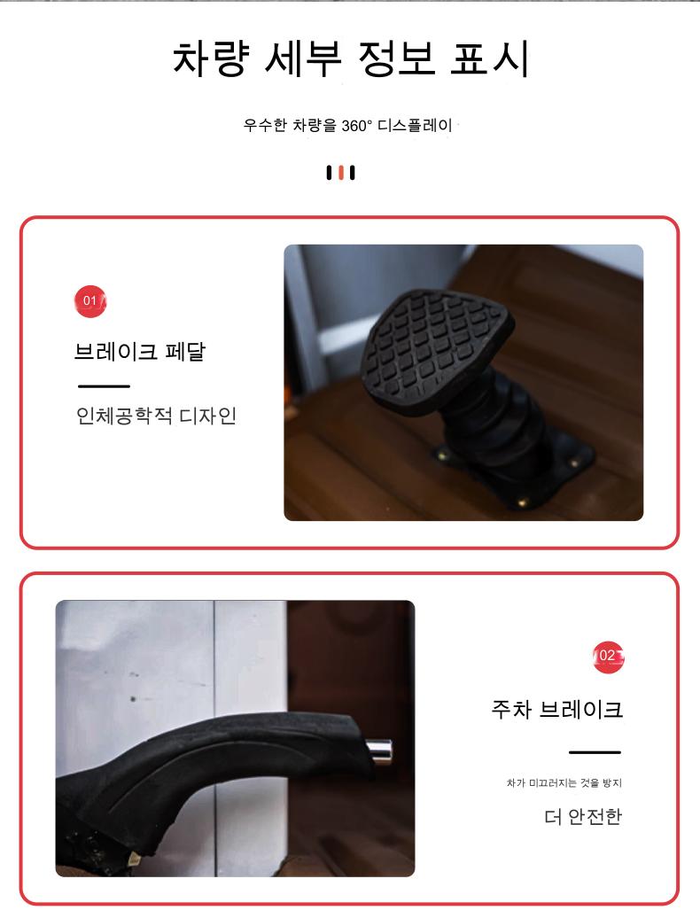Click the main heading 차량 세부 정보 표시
coord(351,58)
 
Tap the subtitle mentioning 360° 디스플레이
coord(347,125)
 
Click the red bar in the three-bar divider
coord(341,173)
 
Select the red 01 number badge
coord(90,301)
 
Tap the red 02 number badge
coord(609,657)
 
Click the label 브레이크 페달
coord(140,351)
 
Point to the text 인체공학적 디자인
coord(156,416)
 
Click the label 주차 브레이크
coord(557,709)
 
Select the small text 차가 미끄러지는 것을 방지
coord(564,783)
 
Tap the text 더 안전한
coord(583,817)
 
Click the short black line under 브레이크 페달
coord(104,386)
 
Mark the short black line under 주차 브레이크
coord(595,752)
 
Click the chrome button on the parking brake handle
coord(378,751)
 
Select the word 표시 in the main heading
coord(490,58)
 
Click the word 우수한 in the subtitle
coord(265,125)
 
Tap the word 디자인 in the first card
coord(208,416)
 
